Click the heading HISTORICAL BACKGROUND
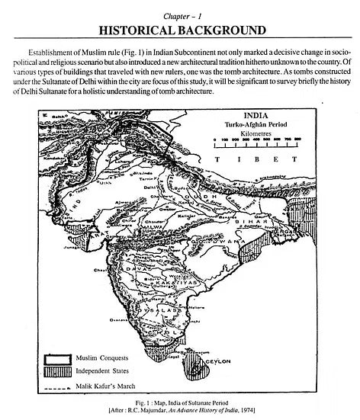[180, 30]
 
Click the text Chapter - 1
[180, 13]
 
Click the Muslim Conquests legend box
[59, 357]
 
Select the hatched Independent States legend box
[59, 370]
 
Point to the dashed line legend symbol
[59, 384]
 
